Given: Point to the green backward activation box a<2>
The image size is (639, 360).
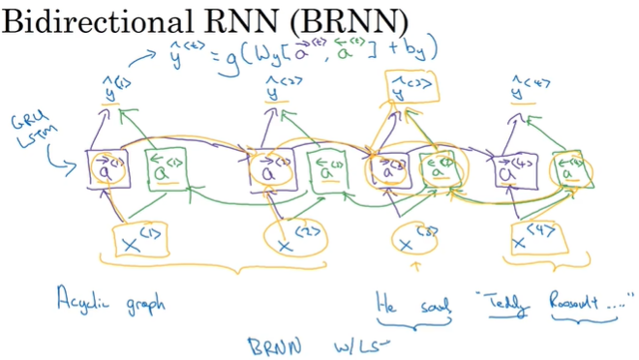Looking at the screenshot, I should (323, 171).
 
